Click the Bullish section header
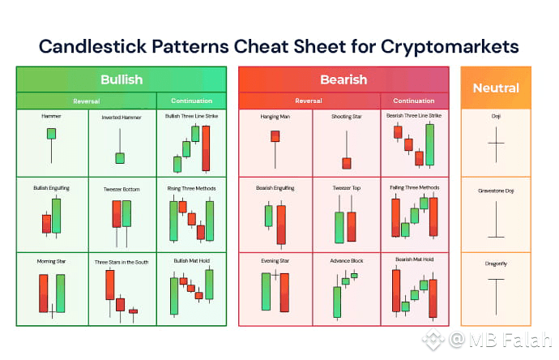click(x=122, y=79)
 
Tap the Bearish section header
click(x=344, y=79)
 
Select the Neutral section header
click(x=496, y=88)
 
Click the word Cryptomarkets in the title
click(x=450, y=47)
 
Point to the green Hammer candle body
click(x=51, y=134)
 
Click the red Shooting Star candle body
click(x=347, y=164)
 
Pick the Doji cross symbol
click(x=496, y=144)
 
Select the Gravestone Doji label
click(x=496, y=191)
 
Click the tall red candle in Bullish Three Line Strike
click(x=206, y=148)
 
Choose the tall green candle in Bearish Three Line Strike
click(x=430, y=144)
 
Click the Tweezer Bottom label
click(x=122, y=189)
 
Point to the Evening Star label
click(x=275, y=261)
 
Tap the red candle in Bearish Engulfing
click(x=281, y=225)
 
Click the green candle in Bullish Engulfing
click(x=57, y=216)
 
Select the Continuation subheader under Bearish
click(x=414, y=101)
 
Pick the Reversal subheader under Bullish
click(x=86, y=101)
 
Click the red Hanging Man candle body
click(x=275, y=136)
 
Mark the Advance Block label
click(x=347, y=261)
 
